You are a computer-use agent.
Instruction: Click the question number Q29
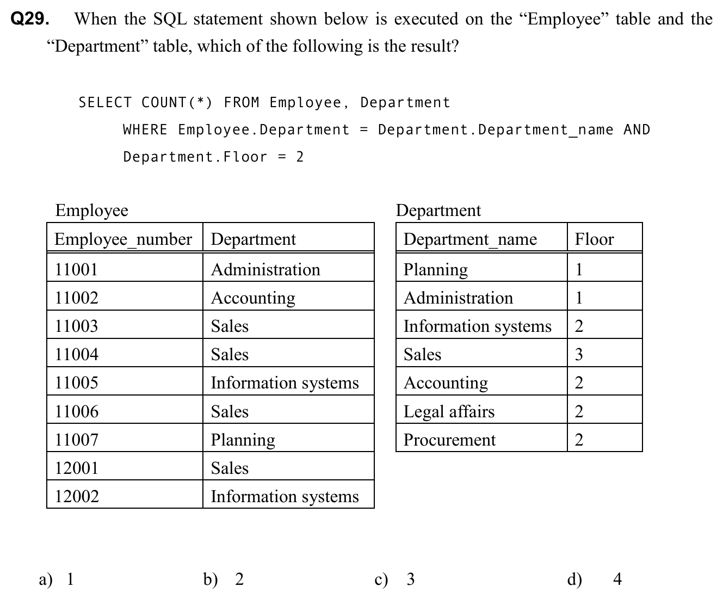pos(30,19)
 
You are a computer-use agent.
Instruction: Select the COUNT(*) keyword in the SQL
pos(177,102)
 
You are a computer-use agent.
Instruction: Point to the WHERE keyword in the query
pos(145,129)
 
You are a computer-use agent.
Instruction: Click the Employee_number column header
pos(123,239)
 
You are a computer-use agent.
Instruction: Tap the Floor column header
pos(594,239)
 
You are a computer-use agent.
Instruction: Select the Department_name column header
pos(470,239)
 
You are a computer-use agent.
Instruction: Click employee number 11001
pos(77,269)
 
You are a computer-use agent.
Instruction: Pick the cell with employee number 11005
pos(77,382)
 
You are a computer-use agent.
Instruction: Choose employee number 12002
pos(77,496)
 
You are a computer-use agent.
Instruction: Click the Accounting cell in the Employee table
pos(253,298)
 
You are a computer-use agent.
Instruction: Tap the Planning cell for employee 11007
pos(243,440)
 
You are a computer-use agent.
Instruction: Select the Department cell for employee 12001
pos(230,468)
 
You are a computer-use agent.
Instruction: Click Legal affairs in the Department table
pos(449,411)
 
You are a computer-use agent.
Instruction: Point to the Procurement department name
pos(449,440)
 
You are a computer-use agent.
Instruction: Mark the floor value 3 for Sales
pos(579,354)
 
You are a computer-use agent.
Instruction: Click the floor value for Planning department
pos(579,269)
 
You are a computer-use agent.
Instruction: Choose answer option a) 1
pos(57,579)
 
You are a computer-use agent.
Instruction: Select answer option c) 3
pos(395,579)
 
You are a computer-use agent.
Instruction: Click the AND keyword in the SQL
pos(637,129)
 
